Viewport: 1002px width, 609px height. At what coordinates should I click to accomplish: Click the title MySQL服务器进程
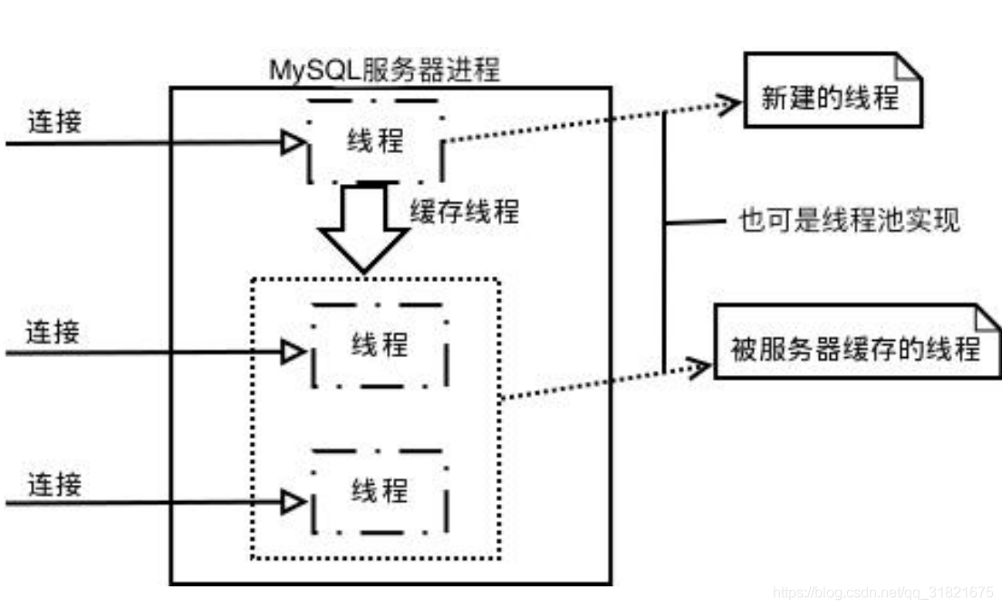[x=384, y=70]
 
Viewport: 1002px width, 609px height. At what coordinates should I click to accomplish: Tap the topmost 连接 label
[x=53, y=121]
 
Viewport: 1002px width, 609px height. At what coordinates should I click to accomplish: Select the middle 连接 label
[x=53, y=332]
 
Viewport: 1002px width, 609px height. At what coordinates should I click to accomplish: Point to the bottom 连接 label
[x=53, y=483]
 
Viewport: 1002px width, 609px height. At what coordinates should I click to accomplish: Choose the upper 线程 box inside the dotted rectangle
[x=379, y=344]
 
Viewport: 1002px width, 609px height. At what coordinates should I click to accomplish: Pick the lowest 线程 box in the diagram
[x=379, y=491]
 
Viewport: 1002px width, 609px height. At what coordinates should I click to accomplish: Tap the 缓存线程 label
[x=465, y=211]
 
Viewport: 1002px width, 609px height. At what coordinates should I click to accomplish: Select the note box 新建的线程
[x=831, y=98]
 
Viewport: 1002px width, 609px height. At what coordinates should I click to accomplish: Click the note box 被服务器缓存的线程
[x=854, y=349]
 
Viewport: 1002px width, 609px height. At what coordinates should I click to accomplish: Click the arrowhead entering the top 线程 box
[x=293, y=143]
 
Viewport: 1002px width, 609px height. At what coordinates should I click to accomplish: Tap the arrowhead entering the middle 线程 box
[x=293, y=353]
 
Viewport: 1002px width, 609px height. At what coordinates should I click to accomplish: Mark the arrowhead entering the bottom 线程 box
[x=293, y=501]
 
